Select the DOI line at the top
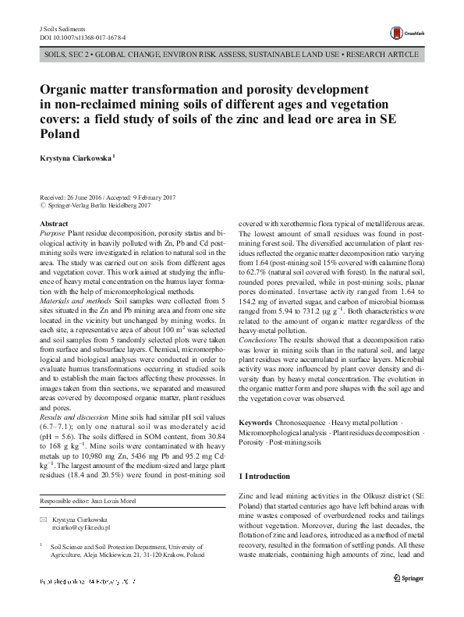[x=82, y=37]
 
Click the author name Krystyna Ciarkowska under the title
[x=76, y=158]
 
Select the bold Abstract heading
[x=53, y=224]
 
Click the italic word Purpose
[x=52, y=233]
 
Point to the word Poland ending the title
[x=60, y=133]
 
